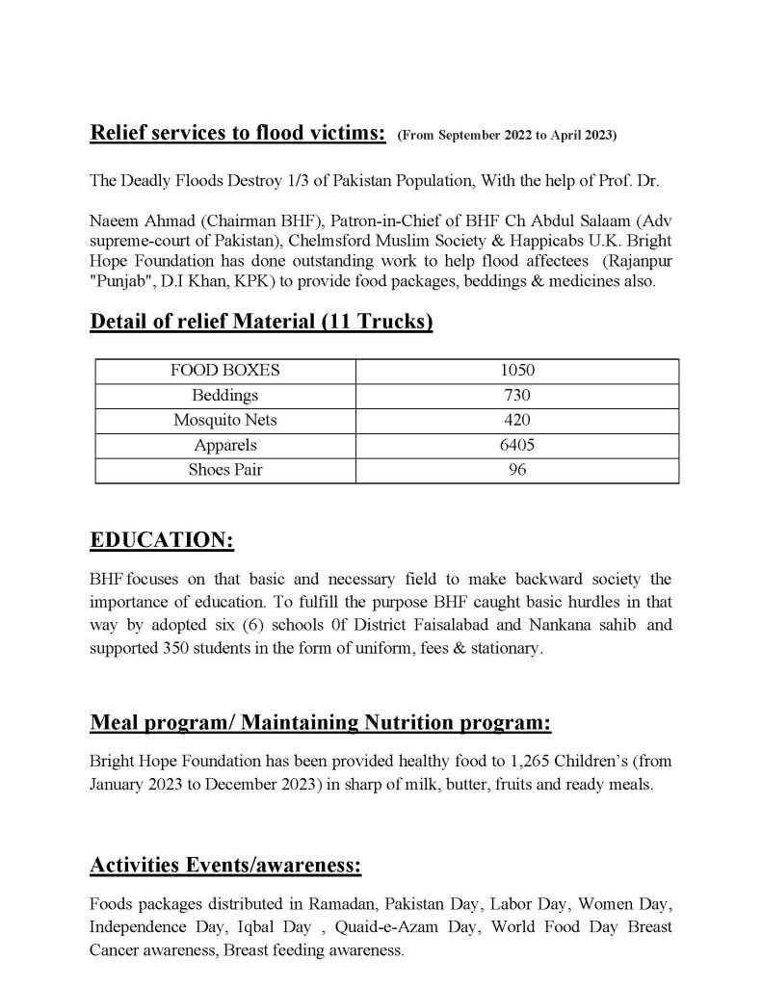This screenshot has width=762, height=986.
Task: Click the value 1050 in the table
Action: click(517, 370)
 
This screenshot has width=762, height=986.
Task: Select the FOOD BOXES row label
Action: click(225, 370)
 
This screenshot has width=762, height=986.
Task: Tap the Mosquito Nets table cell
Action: click(225, 420)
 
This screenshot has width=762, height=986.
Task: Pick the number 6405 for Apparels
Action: click(517, 445)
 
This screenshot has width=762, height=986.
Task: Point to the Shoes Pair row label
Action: click(225, 470)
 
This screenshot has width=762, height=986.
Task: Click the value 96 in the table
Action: click(517, 470)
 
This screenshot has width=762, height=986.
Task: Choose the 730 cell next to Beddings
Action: click(517, 395)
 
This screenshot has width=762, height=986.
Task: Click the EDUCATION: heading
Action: click(161, 540)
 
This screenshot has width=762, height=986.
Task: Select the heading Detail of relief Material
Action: click(260, 322)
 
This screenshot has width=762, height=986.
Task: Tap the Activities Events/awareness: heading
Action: click(225, 866)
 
